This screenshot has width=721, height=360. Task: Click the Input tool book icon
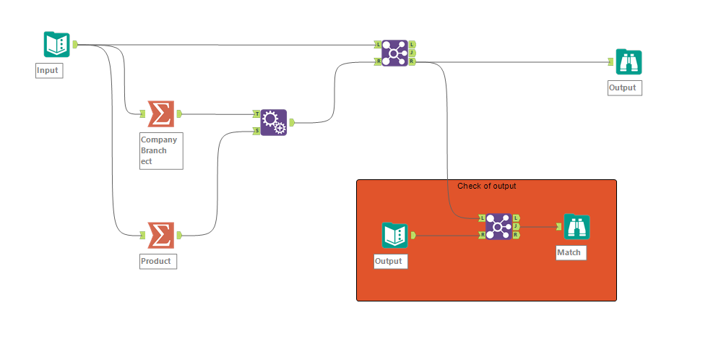coord(56,45)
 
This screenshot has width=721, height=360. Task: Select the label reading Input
coord(48,70)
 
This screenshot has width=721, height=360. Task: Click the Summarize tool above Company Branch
coord(160,113)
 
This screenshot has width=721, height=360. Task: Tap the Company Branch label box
coord(161,150)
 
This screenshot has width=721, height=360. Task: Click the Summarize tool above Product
coord(160,235)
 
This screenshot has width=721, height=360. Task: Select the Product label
coord(157,261)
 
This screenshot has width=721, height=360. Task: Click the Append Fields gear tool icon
coord(273,122)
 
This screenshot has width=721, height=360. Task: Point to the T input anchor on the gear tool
coord(256,113)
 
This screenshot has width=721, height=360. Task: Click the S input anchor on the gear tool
coord(256,131)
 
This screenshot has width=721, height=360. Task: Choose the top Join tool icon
coord(394,53)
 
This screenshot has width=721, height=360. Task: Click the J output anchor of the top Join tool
coord(412,53)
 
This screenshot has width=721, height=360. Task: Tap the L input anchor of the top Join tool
coord(378,44)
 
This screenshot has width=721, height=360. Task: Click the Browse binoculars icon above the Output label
coord(628,62)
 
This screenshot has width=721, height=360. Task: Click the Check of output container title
coord(486,186)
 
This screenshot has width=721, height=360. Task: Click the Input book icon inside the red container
coord(394,235)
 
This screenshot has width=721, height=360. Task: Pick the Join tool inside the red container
coord(498,226)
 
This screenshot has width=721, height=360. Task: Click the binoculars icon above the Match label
coord(577,227)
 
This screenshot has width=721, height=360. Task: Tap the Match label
coord(568,252)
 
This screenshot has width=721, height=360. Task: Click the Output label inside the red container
coord(391,261)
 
